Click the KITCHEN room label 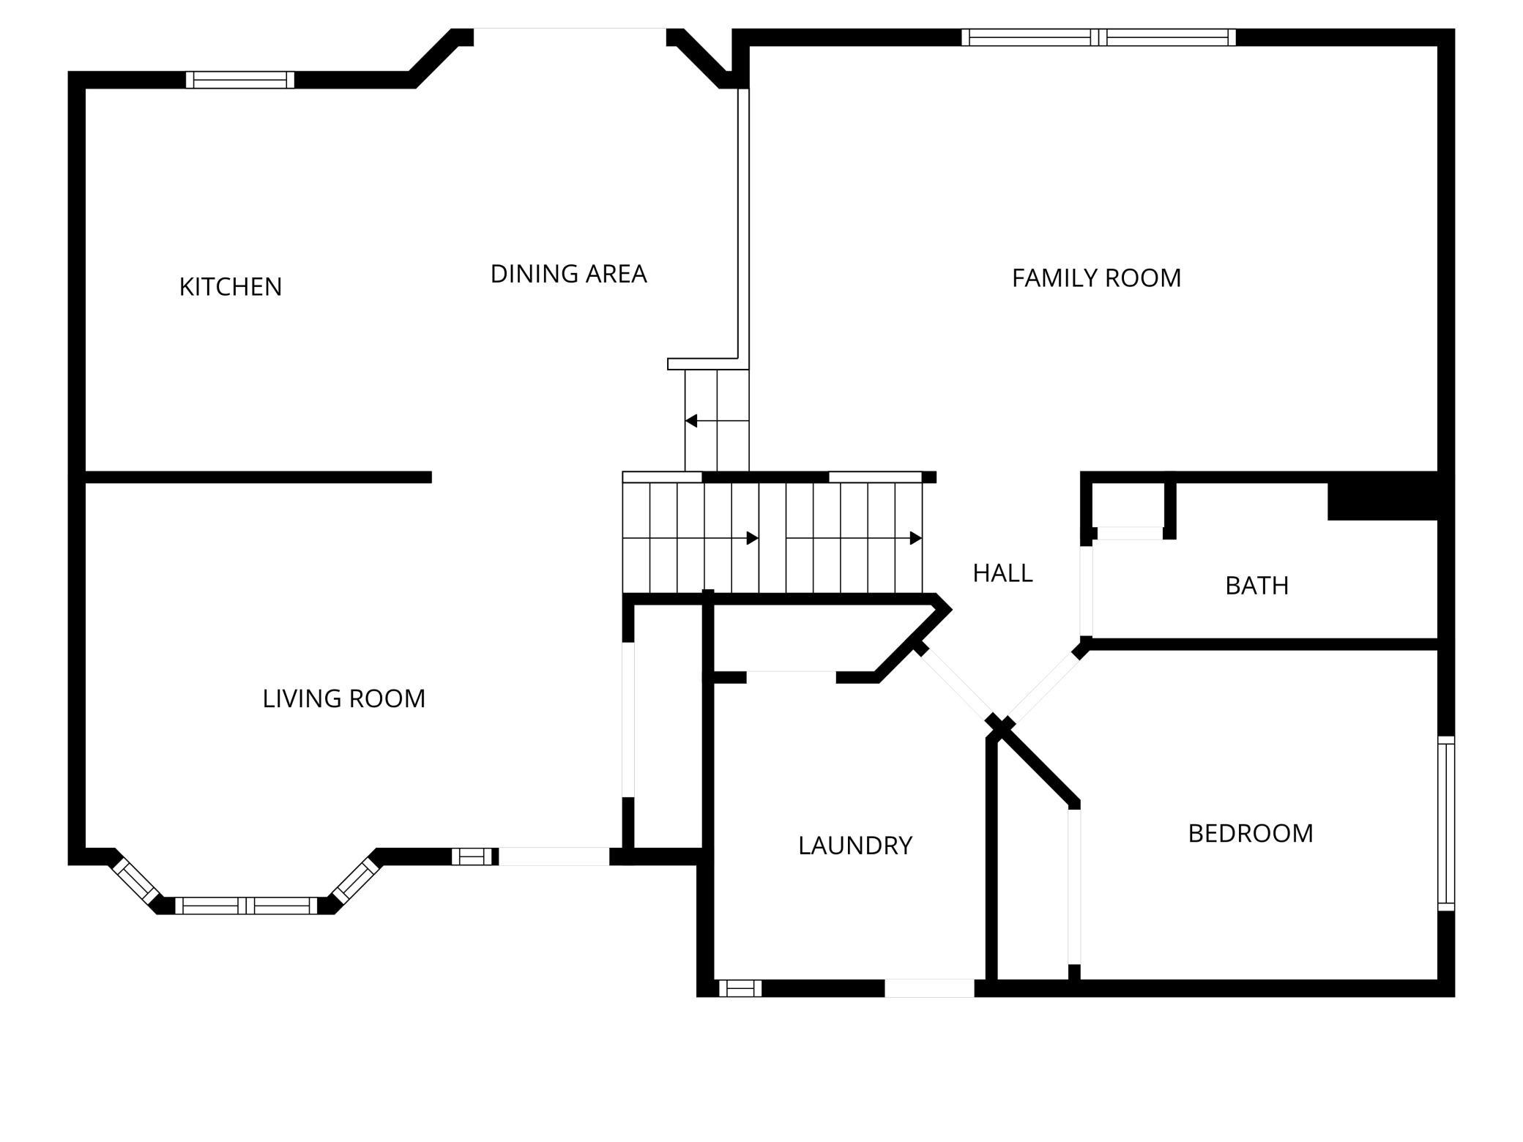point(231,287)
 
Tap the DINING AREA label point(568,274)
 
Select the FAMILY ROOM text point(1096,278)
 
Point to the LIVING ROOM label point(343,699)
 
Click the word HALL point(1002,573)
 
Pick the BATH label point(1256,586)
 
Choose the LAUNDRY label point(854,846)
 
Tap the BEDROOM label point(1250,834)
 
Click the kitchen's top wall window point(240,80)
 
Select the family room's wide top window point(1098,37)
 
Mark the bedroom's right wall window point(1445,824)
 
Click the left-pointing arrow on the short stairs point(691,421)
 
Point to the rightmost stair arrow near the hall point(915,538)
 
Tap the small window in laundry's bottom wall point(740,988)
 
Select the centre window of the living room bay point(246,906)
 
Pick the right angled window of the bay point(355,881)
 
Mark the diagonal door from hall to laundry point(956,683)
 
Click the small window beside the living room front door point(472,856)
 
